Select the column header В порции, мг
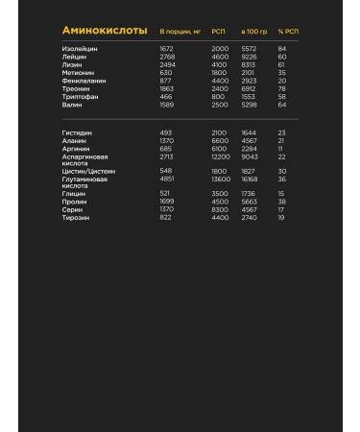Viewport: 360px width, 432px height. click(179, 32)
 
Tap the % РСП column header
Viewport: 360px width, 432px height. click(288, 32)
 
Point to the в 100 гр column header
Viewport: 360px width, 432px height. click(254, 32)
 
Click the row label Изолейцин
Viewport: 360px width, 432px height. click(80, 48)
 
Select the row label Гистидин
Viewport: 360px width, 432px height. click(78, 132)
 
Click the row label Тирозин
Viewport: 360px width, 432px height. click(77, 217)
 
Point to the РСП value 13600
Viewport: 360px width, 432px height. click(221, 179)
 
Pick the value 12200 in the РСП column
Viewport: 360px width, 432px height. click(221, 156)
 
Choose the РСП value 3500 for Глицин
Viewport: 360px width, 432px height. click(219, 194)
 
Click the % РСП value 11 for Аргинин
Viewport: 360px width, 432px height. click(281, 148)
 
